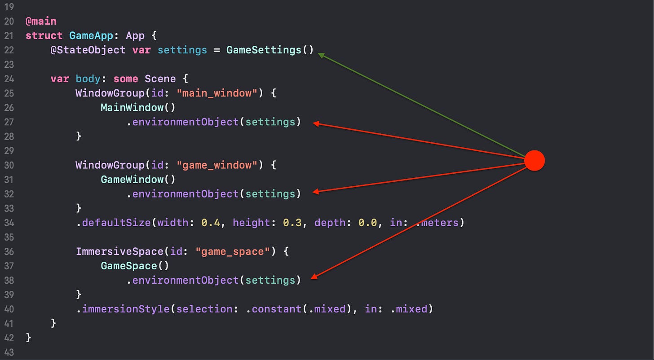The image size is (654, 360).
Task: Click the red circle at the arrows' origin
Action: click(535, 160)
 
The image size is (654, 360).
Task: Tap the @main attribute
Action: click(41, 21)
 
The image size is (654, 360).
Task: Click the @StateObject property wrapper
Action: click(88, 50)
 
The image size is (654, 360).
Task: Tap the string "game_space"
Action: click(233, 251)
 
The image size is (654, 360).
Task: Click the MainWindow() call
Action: click(138, 108)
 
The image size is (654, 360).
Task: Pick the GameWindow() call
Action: click(138, 180)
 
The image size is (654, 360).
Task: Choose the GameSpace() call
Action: click(135, 266)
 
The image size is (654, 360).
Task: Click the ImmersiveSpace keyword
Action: click(119, 251)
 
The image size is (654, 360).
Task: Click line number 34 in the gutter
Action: click(9, 223)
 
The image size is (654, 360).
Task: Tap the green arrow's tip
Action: click(320, 55)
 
